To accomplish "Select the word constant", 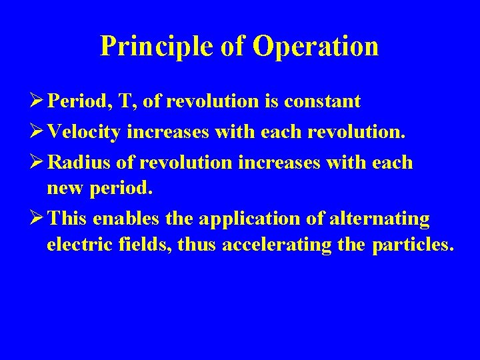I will pos(322,101).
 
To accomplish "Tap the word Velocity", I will pos(85,132).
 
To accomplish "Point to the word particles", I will pos(412,245).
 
